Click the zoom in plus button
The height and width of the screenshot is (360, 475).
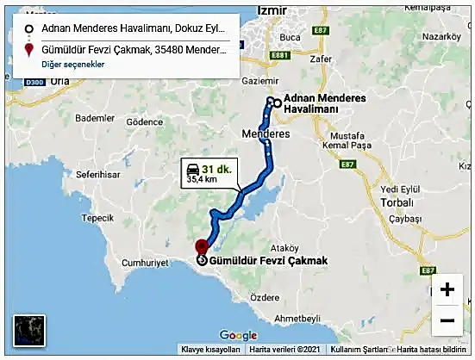[x=447, y=289]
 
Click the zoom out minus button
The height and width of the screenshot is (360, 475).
[x=447, y=321]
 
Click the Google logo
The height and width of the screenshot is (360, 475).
[x=238, y=336]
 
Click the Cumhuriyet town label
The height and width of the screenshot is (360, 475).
[x=143, y=261]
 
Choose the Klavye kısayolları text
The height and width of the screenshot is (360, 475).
[x=209, y=350]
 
